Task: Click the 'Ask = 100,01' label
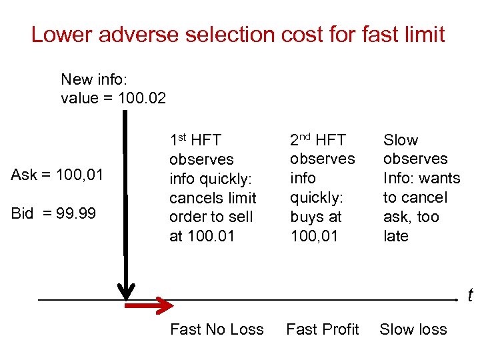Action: (x=57, y=175)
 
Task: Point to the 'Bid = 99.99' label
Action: (x=53, y=213)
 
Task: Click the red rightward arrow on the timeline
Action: (x=149, y=304)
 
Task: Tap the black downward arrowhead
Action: (x=125, y=291)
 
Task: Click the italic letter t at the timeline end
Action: (x=470, y=295)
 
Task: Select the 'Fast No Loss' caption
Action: (x=217, y=329)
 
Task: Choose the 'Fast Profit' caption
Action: (x=323, y=329)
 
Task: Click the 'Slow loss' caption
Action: (x=413, y=329)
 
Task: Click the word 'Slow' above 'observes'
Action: (x=401, y=140)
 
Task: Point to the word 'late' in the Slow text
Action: (x=396, y=236)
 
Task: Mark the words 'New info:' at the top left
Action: (x=93, y=79)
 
